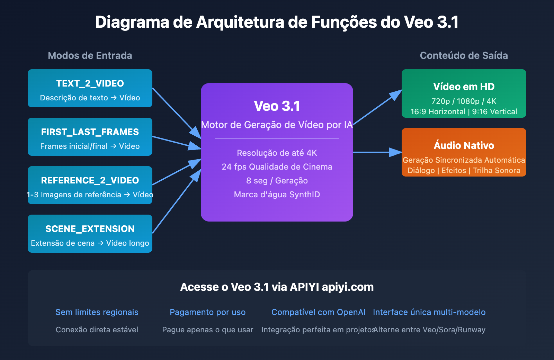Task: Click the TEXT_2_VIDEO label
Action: click(90, 83)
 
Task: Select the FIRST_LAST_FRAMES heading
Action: click(90, 132)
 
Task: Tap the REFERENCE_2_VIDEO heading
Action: click(90, 180)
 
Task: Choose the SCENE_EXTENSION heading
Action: click(90, 229)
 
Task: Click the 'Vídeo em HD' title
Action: click(464, 87)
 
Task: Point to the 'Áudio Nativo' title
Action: click(464, 145)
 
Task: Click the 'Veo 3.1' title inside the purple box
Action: click(277, 106)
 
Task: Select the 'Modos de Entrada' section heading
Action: click(90, 55)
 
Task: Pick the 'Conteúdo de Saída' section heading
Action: click(464, 55)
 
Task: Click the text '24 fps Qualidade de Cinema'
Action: click(277, 167)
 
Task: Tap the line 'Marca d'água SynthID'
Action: click(277, 195)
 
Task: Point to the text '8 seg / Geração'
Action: click(277, 181)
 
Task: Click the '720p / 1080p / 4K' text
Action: click(464, 101)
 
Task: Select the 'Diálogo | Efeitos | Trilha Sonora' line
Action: click(464, 170)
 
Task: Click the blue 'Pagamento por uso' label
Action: click(208, 312)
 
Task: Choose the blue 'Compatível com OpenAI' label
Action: click(319, 312)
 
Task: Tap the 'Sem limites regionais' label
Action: click(97, 312)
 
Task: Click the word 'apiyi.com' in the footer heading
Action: click(348, 287)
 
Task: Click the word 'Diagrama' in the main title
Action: click(132, 22)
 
